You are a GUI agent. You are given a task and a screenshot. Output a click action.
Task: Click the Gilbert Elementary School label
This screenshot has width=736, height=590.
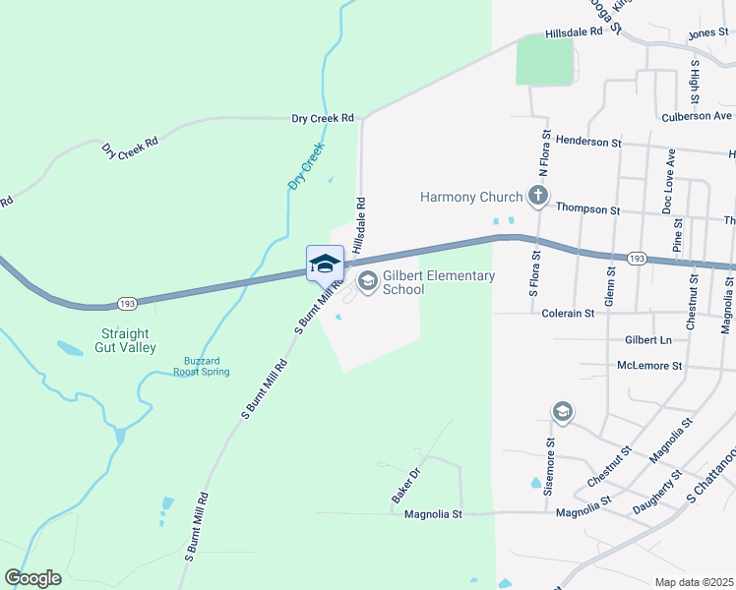coord(438,282)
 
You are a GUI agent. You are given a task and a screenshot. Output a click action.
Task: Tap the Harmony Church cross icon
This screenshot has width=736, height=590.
coord(537,197)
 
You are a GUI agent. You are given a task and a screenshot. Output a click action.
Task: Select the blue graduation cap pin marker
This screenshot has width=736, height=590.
coord(325,265)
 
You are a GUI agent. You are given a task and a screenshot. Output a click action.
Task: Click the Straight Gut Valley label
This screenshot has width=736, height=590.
coord(124,340)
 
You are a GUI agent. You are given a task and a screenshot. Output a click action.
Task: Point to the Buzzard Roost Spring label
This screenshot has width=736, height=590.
coord(201,366)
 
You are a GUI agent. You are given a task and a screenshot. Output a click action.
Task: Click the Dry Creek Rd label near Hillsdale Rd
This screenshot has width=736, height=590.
coord(322,118)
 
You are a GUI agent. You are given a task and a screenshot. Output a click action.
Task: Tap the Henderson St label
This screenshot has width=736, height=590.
coord(588,142)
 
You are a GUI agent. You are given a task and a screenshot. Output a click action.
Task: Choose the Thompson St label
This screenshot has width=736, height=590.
coord(587,209)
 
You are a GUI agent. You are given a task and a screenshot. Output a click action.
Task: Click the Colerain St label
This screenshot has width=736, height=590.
coord(569,313)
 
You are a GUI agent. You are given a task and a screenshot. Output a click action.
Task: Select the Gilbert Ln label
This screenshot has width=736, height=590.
coord(647,339)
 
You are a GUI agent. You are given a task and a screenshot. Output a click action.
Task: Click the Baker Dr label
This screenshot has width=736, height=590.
coord(406,485)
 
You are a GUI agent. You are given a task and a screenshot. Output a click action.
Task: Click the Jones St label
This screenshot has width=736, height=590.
coord(707,33)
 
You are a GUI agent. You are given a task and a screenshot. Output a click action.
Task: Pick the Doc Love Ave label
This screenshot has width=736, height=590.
coord(669,182)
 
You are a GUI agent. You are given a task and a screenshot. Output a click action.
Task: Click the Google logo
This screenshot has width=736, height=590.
coord(32,578)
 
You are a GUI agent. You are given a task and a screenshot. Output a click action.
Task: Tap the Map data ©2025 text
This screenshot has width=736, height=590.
coord(694,582)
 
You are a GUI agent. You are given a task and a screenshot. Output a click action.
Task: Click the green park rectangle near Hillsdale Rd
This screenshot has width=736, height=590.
coord(544,61)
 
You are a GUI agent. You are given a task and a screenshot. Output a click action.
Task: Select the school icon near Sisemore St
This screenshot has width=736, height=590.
coord(563,411)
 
